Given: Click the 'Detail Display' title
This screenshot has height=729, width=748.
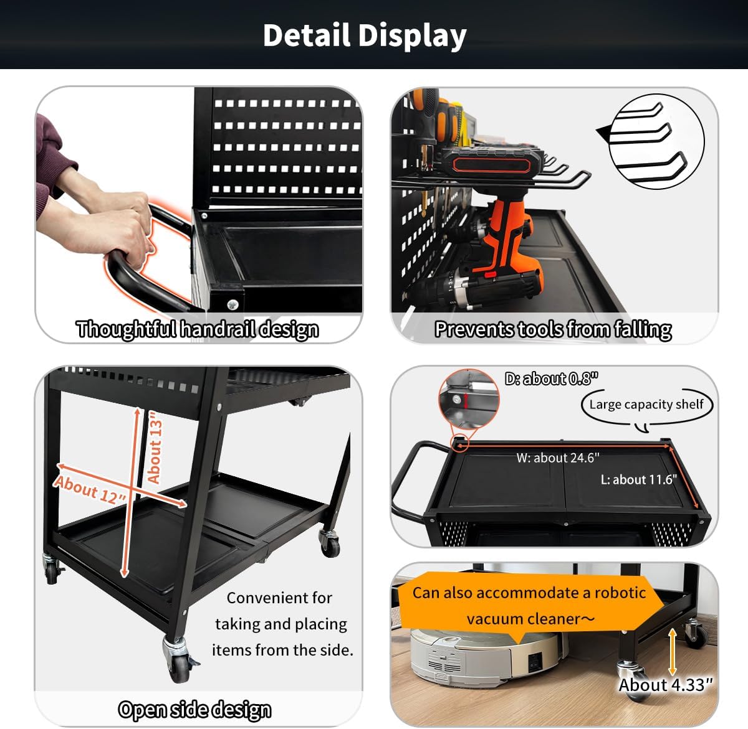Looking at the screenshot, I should click(x=365, y=35).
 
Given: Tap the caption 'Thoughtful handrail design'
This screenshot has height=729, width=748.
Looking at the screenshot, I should click(x=197, y=329).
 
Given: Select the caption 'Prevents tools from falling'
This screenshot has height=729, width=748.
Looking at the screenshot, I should click(x=553, y=329).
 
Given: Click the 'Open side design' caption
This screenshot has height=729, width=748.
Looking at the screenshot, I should click(x=194, y=709).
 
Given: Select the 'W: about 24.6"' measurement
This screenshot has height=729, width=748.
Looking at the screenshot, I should click(x=557, y=458).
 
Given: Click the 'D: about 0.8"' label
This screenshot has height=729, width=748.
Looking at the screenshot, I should click(x=551, y=379).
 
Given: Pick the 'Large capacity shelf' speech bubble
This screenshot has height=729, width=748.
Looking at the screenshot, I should click(x=646, y=405).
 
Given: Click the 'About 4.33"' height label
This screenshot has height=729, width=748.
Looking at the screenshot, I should click(x=664, y=685).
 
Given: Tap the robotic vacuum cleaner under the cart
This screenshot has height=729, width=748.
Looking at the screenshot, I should click(x=486, y=657).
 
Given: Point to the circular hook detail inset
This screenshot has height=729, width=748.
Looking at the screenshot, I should click(x=656, y=141).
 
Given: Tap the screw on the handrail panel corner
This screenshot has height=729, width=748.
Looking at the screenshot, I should click(x=233, y=304).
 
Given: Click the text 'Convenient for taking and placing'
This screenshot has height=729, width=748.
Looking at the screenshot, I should click(x=280, y=611).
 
